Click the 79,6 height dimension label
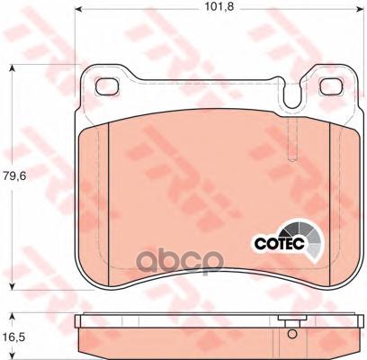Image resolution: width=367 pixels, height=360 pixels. [x=14, y=175]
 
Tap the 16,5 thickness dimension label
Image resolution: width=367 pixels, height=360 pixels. [x=14, y=337]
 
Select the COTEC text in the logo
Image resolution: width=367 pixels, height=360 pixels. [x=280, y=243]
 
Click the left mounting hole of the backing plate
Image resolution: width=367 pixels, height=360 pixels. [x=107, y=87]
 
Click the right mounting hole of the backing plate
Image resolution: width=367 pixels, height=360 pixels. [x=332, y=87]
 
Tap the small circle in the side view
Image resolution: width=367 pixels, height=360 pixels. [x=291, y=334]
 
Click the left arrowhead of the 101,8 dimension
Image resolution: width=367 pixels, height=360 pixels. [x=78, y=10]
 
